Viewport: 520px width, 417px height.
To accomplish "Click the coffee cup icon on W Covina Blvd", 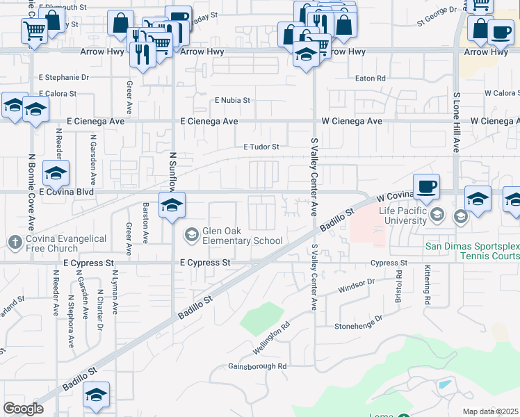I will (x=428, y=186).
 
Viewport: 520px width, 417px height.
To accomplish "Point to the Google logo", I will (x=23, y=409).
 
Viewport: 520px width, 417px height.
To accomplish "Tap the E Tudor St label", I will (x=261, y=147).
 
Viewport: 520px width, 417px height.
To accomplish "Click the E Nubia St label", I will (x=231, y=100).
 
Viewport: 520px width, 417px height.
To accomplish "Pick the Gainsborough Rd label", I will (x=257, y=366).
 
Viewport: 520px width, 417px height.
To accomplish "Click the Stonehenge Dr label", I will (x=359, y=322).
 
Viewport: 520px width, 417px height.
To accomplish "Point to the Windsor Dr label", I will (x=357, y=285).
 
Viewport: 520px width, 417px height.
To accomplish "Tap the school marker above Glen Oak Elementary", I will (x=172, y=205).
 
